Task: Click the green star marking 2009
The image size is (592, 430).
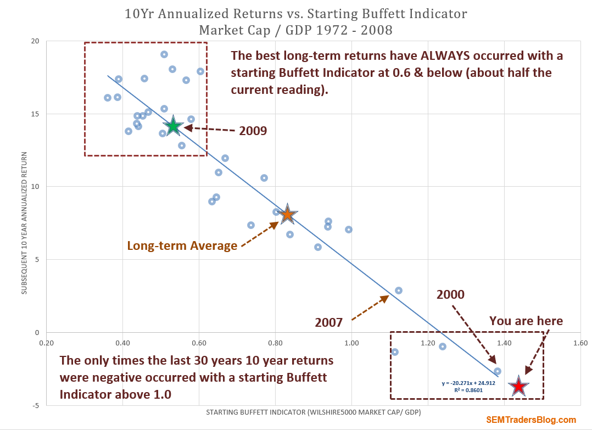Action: [x=174, y=126]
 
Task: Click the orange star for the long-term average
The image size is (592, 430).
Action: [x=287, y=215]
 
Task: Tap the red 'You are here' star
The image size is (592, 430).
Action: [x=518, y=387]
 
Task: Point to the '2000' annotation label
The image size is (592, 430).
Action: [x=450, y=294]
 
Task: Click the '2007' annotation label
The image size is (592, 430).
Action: [x=329, y=322]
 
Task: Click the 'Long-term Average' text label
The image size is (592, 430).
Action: [x=182, y=245]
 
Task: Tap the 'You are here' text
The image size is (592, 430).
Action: [x=526, y=320]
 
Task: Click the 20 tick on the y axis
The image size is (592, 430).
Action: [x=35, y=41]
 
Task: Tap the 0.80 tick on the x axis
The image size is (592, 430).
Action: [x=275, y=343]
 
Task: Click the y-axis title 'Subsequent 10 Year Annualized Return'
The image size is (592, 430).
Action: [x=25, y=223]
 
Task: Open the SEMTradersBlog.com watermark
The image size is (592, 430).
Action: [x=531, y=420]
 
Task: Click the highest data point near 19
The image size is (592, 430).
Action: [x=164, y=54]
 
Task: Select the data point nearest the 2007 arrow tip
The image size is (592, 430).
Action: [x=399, y=291]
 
